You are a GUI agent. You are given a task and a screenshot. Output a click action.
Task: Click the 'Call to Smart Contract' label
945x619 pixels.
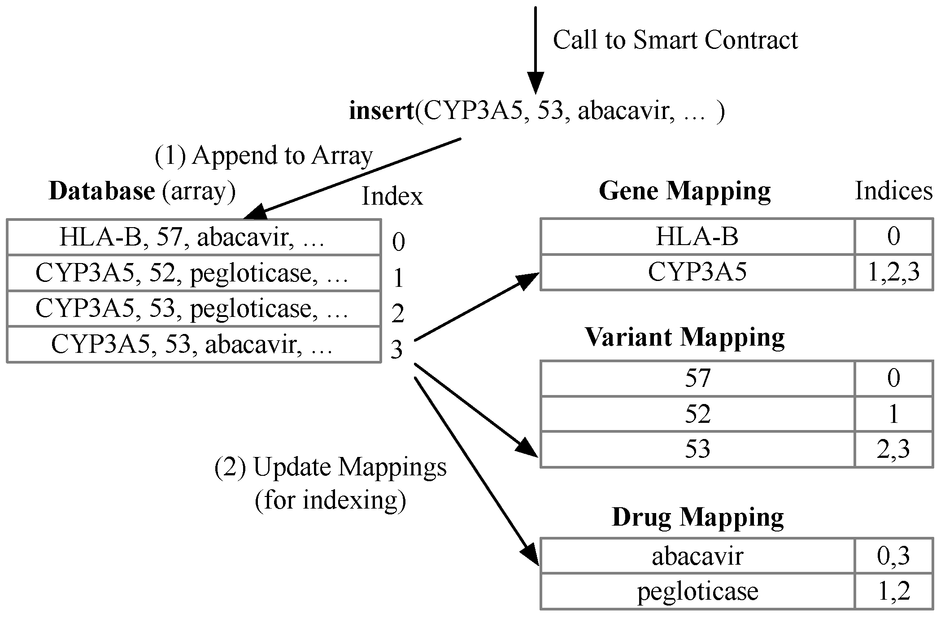(675, 40)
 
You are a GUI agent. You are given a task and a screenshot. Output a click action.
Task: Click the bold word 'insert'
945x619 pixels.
(381, 111)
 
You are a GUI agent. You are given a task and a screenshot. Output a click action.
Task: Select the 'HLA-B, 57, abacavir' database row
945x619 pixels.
(193, 237)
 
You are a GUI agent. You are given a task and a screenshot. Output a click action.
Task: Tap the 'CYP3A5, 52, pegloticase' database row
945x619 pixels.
(193, 273)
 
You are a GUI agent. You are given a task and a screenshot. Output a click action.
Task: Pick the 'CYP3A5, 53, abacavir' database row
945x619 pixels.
(193, 345)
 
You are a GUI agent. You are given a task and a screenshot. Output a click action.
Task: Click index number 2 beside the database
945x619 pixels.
(398, 313)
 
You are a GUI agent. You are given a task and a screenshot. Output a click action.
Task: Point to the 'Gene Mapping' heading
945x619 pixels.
(684, 191)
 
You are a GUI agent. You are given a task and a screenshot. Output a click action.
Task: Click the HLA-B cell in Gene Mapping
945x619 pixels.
(697, 237)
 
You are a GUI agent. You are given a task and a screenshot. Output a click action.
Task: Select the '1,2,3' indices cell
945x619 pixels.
(893, 272)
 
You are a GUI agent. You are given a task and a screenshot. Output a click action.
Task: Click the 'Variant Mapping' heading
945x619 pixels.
(684, 337)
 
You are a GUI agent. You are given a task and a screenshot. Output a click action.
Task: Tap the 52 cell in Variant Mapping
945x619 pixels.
(697, 414)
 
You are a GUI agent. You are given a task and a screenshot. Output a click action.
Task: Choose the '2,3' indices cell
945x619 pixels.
(893, 449)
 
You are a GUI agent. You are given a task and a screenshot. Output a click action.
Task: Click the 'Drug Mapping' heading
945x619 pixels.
(697, 517)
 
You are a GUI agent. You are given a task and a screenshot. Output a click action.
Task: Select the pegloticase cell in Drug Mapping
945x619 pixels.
(697, 591)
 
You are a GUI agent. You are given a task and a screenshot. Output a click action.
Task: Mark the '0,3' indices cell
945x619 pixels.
(893, 556)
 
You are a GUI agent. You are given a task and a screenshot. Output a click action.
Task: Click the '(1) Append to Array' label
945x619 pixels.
(264, 156)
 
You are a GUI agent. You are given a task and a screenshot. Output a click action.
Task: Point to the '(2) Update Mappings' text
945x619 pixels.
(331, 467)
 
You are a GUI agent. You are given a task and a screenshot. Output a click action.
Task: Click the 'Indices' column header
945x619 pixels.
(893, 191)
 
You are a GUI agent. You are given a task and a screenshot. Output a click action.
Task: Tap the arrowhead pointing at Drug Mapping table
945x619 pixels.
(531, 556)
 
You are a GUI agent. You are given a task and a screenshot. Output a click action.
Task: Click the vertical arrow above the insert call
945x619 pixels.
(535, 49)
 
